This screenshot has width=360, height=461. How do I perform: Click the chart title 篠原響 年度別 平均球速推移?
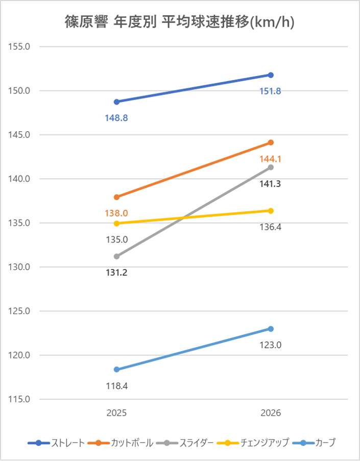(180, 22)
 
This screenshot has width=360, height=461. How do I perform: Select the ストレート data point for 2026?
(271, 75)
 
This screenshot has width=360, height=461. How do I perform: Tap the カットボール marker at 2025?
(116, 197)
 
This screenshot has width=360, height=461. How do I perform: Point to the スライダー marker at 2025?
(116, 256)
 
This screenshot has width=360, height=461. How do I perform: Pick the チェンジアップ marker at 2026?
(271, 211)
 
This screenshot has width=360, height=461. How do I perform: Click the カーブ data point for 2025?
(116, 370)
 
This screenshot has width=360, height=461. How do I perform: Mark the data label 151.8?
(271, 91)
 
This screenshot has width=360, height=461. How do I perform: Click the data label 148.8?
(116, 118)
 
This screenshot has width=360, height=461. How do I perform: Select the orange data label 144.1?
(271, 159)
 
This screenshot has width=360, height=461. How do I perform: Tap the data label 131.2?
(116, 273)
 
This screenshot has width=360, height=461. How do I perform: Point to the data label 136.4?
(271, 227)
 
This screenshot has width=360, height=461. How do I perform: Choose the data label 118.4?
(116, 386)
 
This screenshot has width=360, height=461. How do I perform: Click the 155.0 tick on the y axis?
(20, 46)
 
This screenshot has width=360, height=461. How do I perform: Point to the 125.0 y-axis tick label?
(20, 311)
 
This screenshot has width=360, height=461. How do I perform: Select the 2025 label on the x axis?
(116, 413)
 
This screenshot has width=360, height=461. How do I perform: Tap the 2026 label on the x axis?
(271, 413)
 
